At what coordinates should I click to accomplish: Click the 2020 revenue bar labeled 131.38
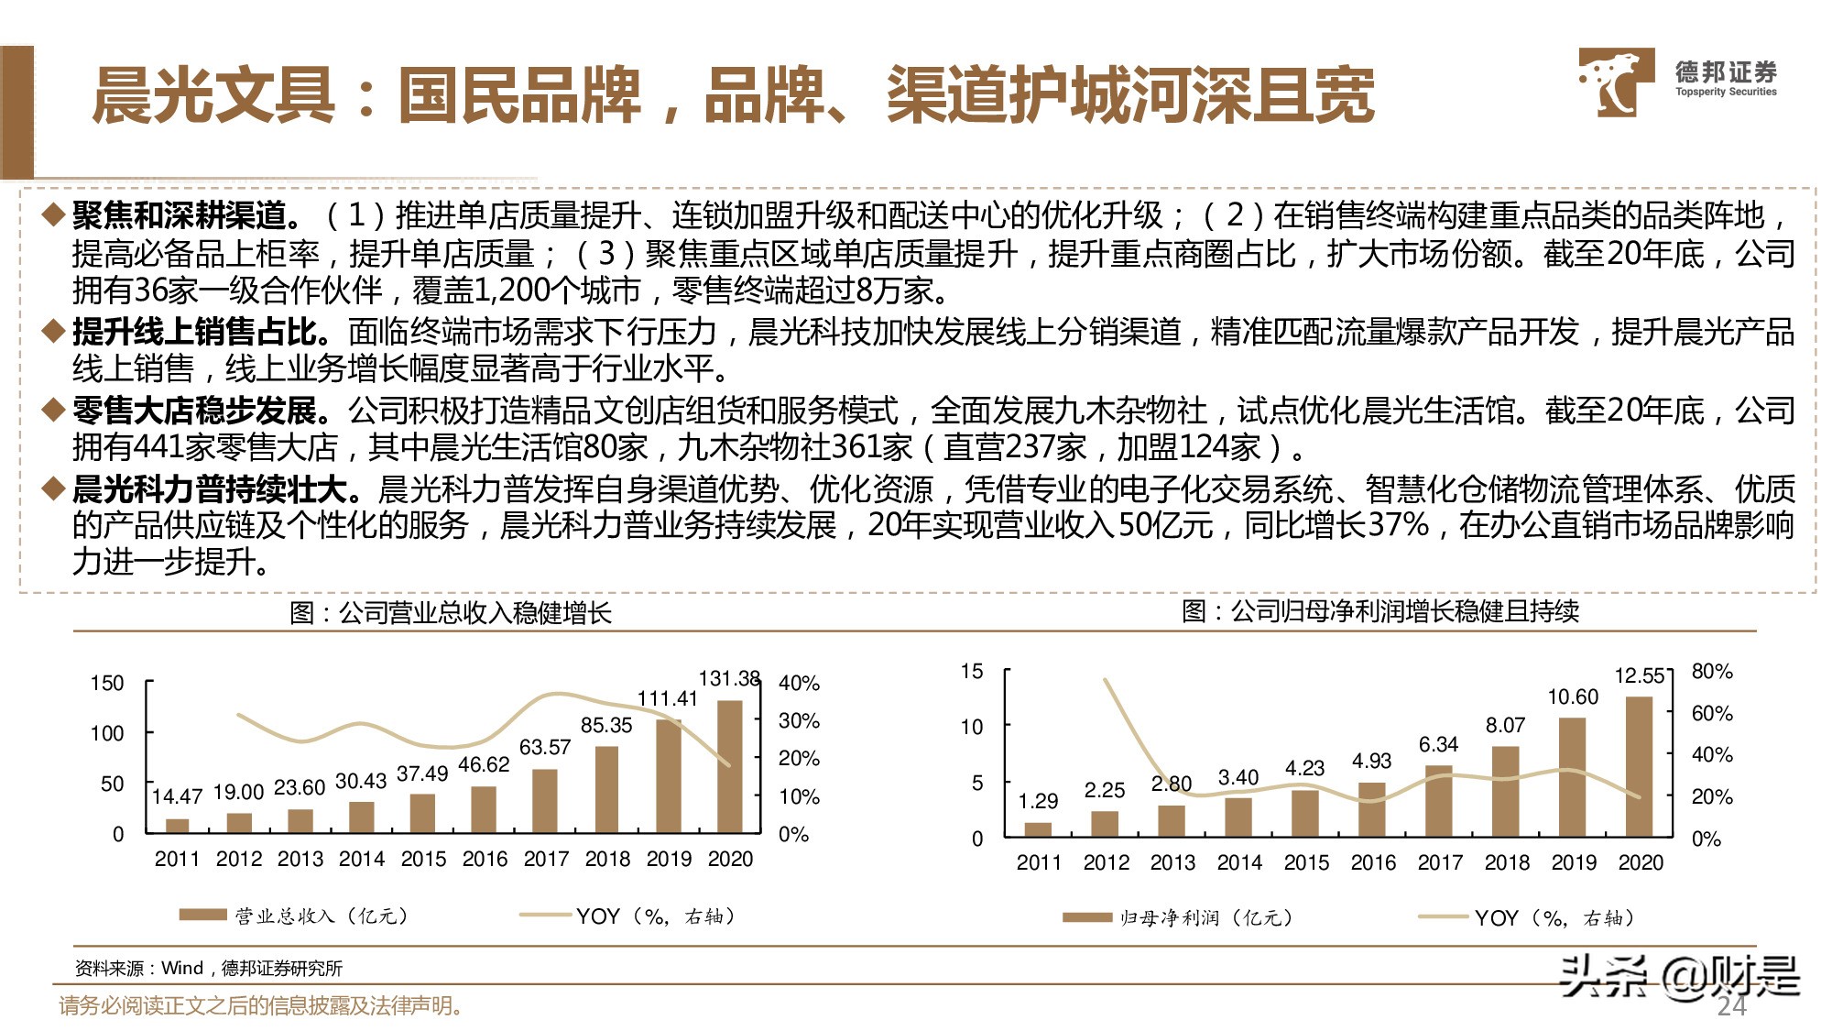pos(730,767)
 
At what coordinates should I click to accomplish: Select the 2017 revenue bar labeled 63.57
pos(545,801)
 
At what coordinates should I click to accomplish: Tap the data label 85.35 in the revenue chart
pos(606,725)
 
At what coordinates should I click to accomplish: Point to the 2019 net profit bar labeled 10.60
pos(1572,777)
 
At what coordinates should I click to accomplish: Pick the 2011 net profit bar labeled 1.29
pos(1038,829)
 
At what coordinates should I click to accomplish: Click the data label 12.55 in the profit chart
pos(1639,676)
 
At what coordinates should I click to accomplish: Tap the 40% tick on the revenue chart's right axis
pos(799,684)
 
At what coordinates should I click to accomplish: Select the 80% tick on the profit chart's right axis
pos(1712,672)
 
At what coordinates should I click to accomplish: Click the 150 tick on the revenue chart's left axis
pos(107,684)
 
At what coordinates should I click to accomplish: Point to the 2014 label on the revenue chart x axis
pos(362,860)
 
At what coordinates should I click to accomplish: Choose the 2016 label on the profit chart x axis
pos(1373,863)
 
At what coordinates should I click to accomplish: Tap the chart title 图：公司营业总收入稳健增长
pos(451,613)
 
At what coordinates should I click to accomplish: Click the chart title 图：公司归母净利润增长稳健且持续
pos(1380,611)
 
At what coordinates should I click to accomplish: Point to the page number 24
pos(1731,1006)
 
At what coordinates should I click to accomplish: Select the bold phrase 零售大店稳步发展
pos(195,410)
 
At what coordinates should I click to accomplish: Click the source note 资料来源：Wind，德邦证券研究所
pos(209,969)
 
